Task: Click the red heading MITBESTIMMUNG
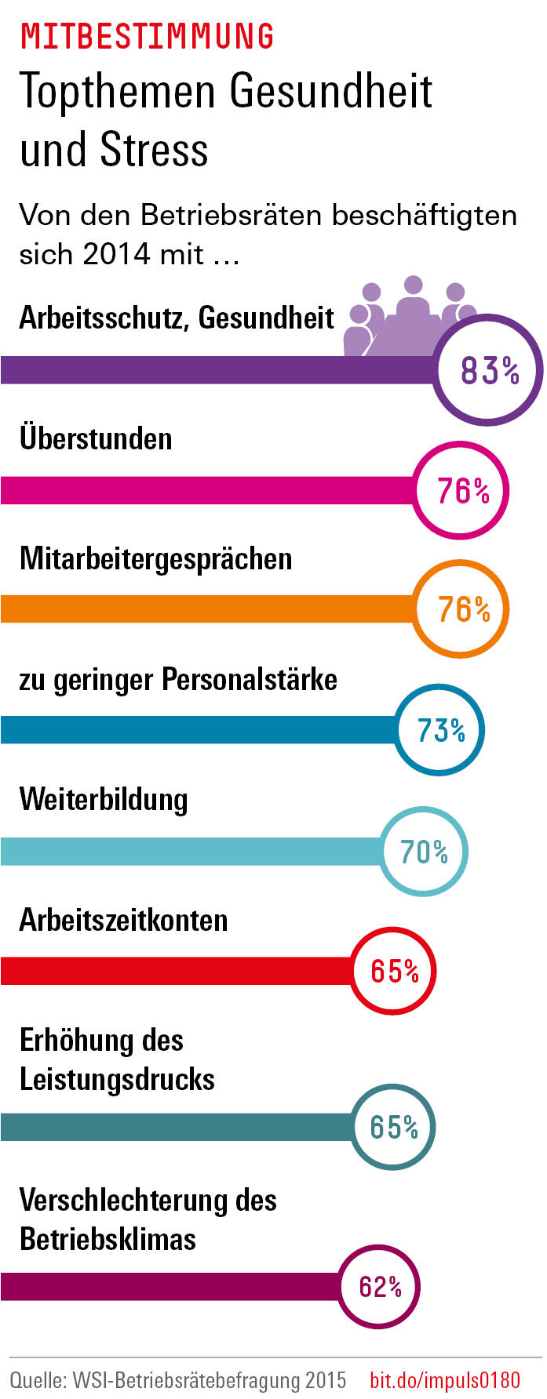[147, 37]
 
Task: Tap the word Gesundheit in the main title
[330, 92]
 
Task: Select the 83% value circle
[489, 370]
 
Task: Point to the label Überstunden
[96, 438]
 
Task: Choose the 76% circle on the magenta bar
[462, 491]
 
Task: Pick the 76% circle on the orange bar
[462, 610]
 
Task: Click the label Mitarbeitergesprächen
[155, 559]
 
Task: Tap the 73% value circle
[439, 730]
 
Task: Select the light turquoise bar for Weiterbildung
[188, 852]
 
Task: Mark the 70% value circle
[424, 852]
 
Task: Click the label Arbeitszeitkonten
[123, 920]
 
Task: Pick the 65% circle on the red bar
[393, 971]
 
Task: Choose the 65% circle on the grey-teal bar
[392, 1127]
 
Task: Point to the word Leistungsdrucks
[117, 1080]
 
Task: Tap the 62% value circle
[380, 1287]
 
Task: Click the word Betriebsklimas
[108, 1240]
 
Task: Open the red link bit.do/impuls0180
[444, 1379]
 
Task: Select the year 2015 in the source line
[325, 1379]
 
